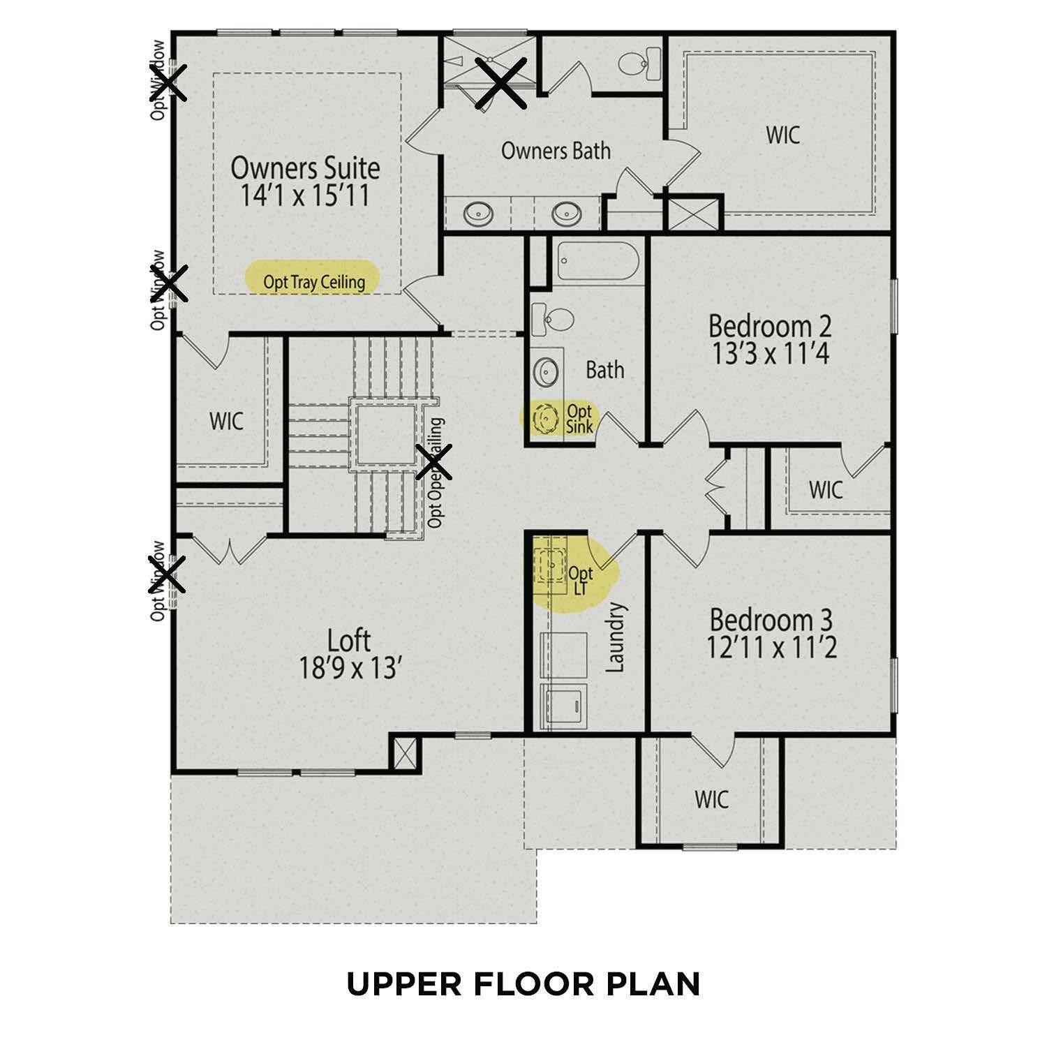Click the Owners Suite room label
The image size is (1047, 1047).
[x=305, y=168]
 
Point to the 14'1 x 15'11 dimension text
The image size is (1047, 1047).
[x=305, y=196]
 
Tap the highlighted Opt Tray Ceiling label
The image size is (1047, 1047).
[x=313, y=282]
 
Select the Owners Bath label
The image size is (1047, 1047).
[x=556, y=151]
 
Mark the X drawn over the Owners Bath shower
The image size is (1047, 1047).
[x=501, y=83]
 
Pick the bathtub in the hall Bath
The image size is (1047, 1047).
[x=598, y=263]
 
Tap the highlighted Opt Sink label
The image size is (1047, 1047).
[x=579, y=419]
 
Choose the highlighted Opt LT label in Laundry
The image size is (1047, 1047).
[x=580, y=581]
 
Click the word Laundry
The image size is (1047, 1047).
[x=615, y=637]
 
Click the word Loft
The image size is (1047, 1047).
[x=349, y=640]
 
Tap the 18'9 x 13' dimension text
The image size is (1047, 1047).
[x=349, y=669]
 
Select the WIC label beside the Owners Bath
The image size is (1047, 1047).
[x=782, y=135]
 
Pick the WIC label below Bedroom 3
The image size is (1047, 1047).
[x=711, y=799]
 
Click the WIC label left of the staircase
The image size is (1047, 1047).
[x=227, y=421]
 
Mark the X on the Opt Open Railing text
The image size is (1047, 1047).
[x=433, y=462]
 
